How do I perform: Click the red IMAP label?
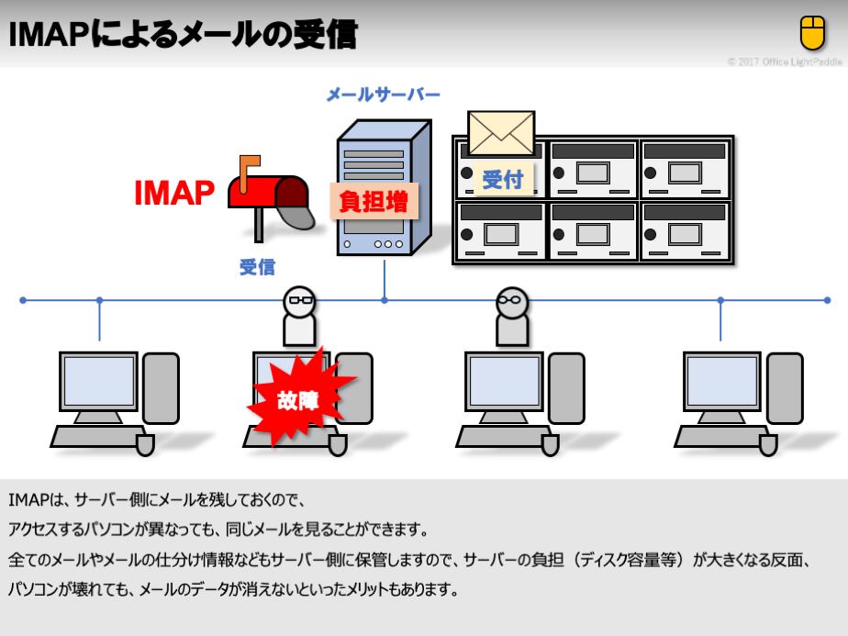174,194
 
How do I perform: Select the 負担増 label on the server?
374,200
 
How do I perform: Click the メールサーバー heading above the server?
384,95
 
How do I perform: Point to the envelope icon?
500,133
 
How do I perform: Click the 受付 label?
502,179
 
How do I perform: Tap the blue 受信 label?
257,268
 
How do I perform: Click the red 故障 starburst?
296,398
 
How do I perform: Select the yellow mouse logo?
812,34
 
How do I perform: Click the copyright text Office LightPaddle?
784,62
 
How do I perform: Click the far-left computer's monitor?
98,380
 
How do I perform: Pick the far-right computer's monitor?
721,380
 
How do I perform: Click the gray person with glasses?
511,316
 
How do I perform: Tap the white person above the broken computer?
299,316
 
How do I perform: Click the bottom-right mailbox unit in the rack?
686,231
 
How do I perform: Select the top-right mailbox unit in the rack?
686,169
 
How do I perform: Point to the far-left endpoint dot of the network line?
23,300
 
